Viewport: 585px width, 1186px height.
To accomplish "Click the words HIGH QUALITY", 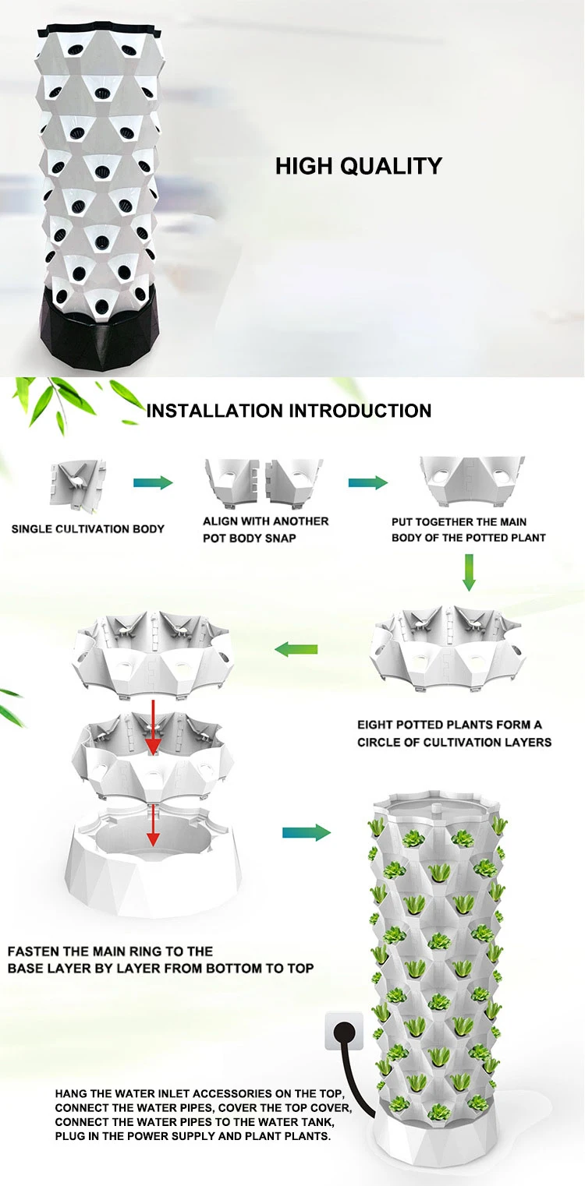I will (359, 166).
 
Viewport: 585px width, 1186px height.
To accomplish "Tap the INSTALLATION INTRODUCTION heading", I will (289, 411).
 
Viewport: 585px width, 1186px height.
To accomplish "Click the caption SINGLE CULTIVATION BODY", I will (88, 529).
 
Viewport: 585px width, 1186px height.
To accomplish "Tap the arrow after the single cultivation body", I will (153, 483).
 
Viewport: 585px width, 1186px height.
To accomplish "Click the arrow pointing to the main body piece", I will (367, 483).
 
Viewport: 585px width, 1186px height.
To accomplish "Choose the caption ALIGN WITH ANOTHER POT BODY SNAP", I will (265, 529).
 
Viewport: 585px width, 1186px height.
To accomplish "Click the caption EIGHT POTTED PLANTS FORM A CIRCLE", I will (454, 733).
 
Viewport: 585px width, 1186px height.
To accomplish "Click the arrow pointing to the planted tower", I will (306, 833).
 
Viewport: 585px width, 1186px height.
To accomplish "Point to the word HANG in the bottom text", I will (69, 1093).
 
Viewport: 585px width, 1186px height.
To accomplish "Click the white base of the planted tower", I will (437, 1145).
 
